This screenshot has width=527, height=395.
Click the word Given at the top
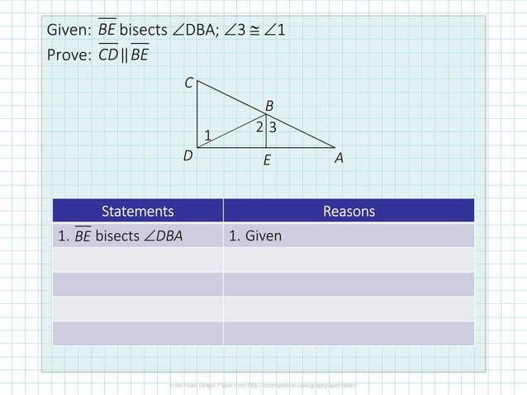tap(69, 31)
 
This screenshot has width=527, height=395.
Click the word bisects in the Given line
tap(142, 31)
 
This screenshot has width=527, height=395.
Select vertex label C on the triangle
tap(188, 83)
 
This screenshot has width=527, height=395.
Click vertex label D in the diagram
tap(188, 155)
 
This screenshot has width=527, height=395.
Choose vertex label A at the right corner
tap(339, 156)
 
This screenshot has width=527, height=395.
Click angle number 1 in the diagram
tap(207, 136)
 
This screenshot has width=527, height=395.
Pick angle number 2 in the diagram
tap(259, 127)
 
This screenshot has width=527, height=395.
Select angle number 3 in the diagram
tap(272, 127)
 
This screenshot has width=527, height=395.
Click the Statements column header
tap(137, 211)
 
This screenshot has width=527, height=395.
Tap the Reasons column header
tap(349, 211)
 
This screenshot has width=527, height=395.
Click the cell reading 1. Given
tap(255, 236)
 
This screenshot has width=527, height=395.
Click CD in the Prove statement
tap(108, 56)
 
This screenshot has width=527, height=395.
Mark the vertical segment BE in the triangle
tap(266, 134)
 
